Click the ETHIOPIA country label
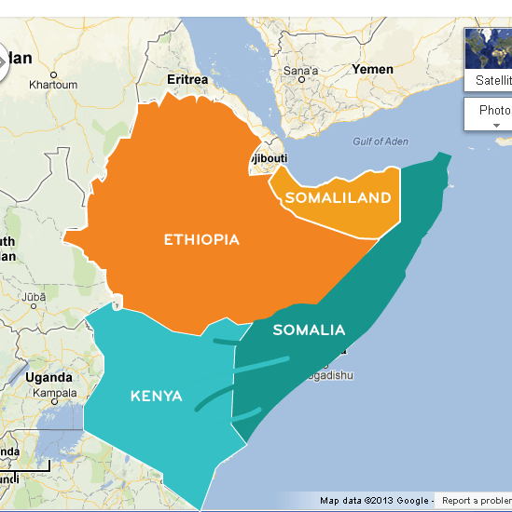pos(201,239)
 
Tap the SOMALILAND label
pos(337,197)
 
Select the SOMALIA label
pos(309,330)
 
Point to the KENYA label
pos(156,397)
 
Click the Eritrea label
pos(187,80)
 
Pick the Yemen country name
pos(372,69)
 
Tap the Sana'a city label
pos(300,71)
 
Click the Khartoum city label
pos(52,85)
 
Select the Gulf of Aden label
pos(381,141)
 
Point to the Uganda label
pos(48,377)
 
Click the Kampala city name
pos(54,392)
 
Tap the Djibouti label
pos(269,158)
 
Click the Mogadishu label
pos(327,375)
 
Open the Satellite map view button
pos(492,80)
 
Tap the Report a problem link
pos(476,501)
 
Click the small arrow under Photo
pos(497,125)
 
